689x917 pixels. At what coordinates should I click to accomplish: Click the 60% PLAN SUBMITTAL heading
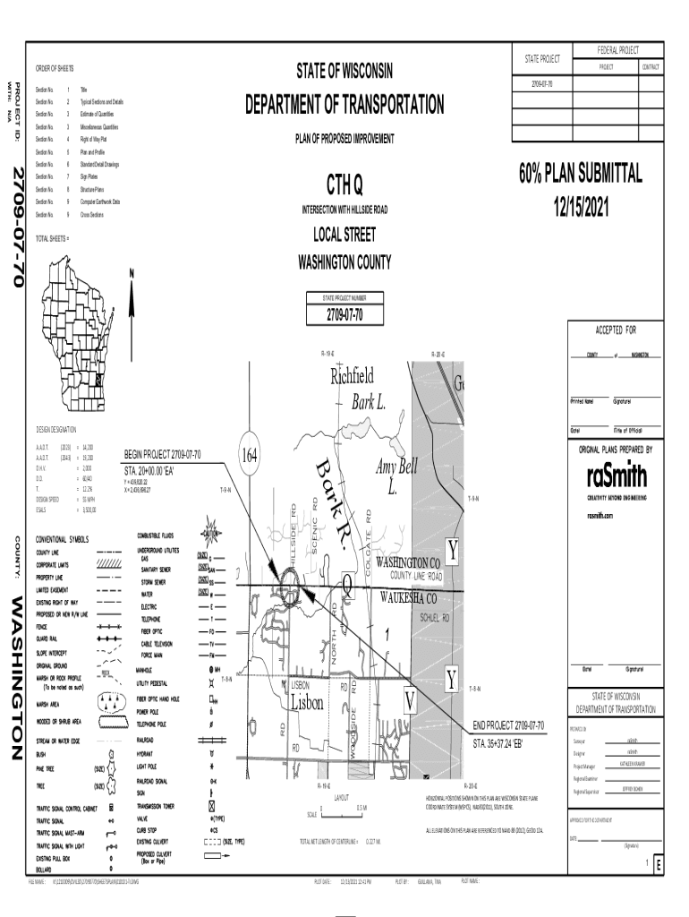tap(580, 174)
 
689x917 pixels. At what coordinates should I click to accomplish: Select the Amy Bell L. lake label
tap(396, 476)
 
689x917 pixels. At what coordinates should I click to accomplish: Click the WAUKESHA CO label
tap(408, 598)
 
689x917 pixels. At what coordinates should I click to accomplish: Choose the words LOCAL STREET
tap(344, 236)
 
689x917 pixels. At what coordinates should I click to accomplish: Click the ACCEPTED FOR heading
tap(611, 329)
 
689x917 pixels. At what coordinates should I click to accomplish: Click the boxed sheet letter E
tap(658, 865)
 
